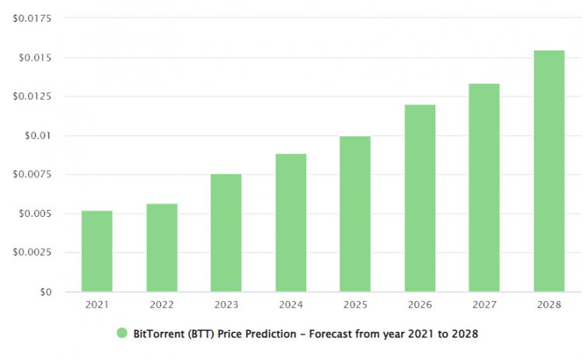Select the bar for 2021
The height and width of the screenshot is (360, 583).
click(x=96, y=251)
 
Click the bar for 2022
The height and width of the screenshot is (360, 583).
click(x=162, y=247)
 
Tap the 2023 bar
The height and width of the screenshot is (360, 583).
click(x=226, y=232)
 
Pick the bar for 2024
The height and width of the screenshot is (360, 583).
click(x=291, y=222)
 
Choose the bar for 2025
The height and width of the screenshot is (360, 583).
click(x=355, y=214)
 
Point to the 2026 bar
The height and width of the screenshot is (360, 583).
click(x=420, y=198)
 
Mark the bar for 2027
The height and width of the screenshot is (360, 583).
click(x=484, y=187)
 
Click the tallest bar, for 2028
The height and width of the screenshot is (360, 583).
click(x=549, y=171)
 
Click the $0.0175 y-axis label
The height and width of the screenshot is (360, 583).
click(x=32, y=19)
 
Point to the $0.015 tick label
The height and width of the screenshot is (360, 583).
click(x=34, y=58)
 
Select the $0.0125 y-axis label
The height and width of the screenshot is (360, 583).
click(x=32, y=96)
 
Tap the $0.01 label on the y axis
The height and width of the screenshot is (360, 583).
click(x=37, y=135)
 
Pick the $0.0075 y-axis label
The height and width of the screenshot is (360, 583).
click(x=32, y=174)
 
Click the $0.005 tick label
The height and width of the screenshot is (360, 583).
click(x=34, y=213)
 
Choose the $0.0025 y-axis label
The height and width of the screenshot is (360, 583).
click(x=32, y=252)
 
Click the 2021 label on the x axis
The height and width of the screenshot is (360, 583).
click(x=96, y=305)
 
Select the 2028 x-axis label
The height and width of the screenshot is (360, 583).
click(x=549, y=305)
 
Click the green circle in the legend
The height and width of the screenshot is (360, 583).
click(x=122, y=333)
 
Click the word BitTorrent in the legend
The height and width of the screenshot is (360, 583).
click(x=159, y=333)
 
